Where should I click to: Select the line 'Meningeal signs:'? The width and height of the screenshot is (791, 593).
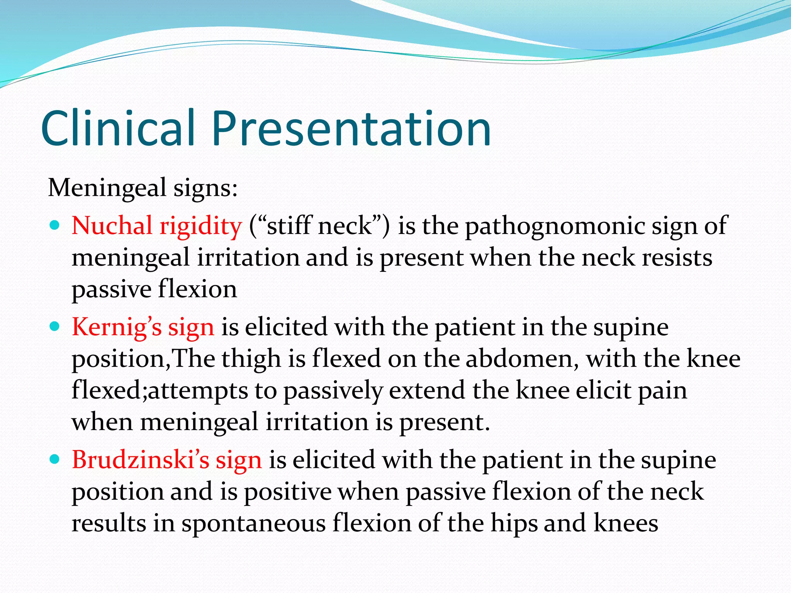(143, 188)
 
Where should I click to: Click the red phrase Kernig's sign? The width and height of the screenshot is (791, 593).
(143, 327)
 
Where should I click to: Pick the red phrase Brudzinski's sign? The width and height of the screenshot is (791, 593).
(166, 460)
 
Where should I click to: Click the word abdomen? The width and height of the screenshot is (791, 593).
(522, 359)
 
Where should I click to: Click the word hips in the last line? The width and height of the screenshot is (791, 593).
(514, 524)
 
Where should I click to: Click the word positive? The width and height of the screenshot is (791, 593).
(287, 492)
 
